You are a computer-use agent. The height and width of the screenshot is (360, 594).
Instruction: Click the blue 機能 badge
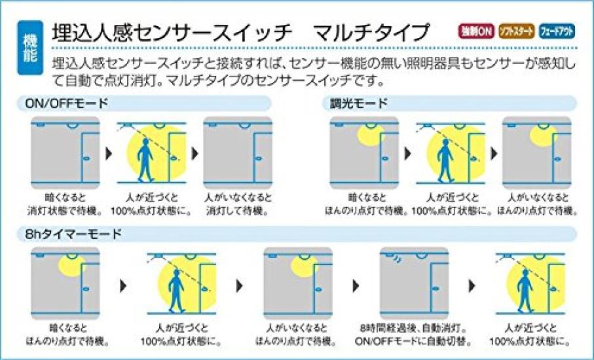(30, 47)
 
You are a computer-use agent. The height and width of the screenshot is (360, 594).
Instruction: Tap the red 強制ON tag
(477, 31)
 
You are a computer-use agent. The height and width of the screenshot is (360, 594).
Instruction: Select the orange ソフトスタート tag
(516, 31)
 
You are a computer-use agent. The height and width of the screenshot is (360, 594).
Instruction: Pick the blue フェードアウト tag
(557, 31)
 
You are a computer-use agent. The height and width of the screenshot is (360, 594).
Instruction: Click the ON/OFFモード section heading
(66, 103)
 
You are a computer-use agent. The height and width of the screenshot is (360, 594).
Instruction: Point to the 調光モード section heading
(359, 103)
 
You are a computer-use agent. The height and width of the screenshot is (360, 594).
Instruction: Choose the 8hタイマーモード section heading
(73, 234)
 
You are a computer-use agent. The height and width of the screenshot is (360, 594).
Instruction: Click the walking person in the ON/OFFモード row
(145, 159)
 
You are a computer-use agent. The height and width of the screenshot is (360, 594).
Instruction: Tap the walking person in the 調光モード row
(445, 159)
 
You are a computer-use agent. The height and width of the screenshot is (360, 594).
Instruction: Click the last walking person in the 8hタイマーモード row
(526, 291)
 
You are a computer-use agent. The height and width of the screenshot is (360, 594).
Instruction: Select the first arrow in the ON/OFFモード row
(109, 153)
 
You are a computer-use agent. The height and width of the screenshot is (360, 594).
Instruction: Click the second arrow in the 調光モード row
(494, 153)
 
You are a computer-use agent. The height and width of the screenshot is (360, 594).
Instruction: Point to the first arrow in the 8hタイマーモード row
(123, 286)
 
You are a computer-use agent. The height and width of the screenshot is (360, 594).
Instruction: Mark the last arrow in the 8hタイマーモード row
(472, 286)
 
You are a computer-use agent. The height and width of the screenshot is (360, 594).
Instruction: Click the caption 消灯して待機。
(238, 211)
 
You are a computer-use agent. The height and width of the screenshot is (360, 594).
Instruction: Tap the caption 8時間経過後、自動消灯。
(414, 328)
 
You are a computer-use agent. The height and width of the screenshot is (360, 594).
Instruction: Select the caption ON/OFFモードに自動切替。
(414, 342)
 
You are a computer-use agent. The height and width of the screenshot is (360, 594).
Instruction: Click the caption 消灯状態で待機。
(65, 211)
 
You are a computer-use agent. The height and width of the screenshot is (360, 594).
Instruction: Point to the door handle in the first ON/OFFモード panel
(86, 158)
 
